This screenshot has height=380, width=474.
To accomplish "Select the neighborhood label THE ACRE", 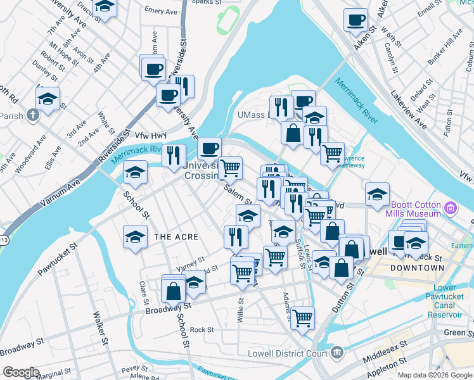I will coord(176,237).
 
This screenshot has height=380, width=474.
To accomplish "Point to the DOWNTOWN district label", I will coord(417,268).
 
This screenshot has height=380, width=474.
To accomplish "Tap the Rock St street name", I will coord(202,330).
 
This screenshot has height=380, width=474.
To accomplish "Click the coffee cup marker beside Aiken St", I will coord(356,19).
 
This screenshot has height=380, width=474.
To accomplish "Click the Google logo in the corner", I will coord(21,372).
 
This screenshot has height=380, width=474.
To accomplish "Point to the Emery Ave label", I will coord(161,11).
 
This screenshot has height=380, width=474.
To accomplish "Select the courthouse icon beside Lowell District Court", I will coord(336,351).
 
